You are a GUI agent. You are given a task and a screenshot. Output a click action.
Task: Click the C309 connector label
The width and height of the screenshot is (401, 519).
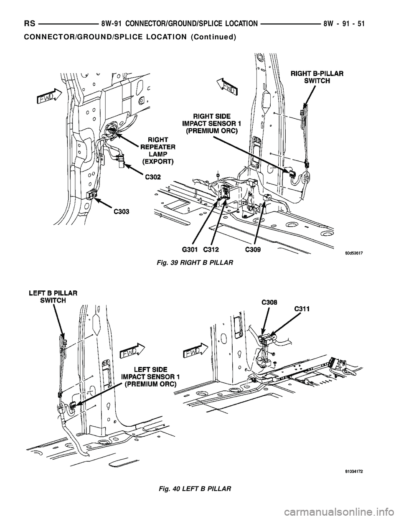254,250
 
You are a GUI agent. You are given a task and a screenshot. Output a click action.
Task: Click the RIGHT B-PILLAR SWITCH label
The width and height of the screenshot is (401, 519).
317,77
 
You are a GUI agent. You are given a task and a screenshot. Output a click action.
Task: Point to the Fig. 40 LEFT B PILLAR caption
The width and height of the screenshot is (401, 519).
195,488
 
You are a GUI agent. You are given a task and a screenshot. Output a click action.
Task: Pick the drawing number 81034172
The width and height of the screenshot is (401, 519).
354,471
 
